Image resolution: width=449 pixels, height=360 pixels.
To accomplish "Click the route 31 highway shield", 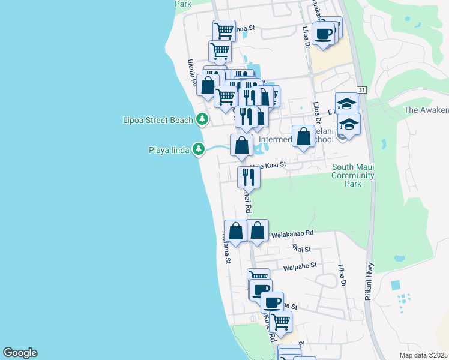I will point(361,89).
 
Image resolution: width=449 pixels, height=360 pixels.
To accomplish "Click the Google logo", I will point(20,353).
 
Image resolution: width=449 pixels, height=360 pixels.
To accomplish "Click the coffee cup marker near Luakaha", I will point(323,33).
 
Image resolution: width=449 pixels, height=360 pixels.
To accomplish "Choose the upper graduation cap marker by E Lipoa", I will point(346,103).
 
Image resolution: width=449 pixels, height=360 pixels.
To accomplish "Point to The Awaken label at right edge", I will point(426,110).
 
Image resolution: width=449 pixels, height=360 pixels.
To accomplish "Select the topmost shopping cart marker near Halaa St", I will point(224,30).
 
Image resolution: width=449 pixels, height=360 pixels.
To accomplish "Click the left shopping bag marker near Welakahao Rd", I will point(235,230).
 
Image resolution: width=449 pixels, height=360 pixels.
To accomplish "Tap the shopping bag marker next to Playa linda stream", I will point(241,145).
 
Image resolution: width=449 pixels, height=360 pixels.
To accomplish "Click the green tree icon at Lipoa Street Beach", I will point(203,119).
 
